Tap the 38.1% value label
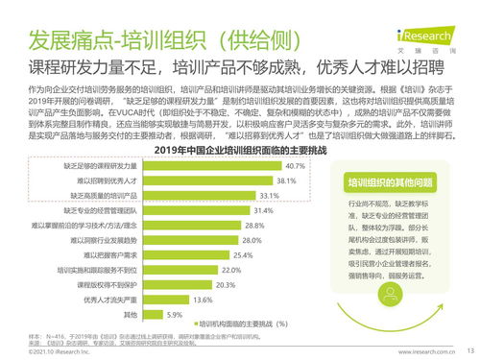(x=287, y=180)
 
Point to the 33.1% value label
(x=270, y=195)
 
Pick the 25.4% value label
(x=243, y=255)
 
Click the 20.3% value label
(x=226, y=285)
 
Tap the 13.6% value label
(x=203, y=300)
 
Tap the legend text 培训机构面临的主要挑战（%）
(x=238, y=324)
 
